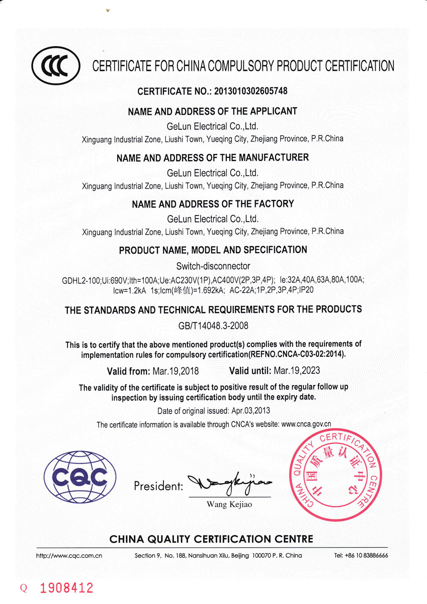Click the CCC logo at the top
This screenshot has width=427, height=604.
(55, 66)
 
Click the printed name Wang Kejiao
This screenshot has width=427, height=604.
(229, 504)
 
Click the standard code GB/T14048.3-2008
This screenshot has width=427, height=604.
(213, 326)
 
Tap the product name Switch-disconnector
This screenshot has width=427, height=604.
(213, 266)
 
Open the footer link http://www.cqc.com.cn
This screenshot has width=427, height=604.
(69, 556)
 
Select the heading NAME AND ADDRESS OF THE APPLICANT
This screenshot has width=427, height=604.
(213, 111)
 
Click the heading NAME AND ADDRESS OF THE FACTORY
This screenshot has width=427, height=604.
(213, 204)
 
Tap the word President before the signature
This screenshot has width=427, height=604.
(158, 487)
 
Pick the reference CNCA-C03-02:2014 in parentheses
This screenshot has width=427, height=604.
(313, 354)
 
